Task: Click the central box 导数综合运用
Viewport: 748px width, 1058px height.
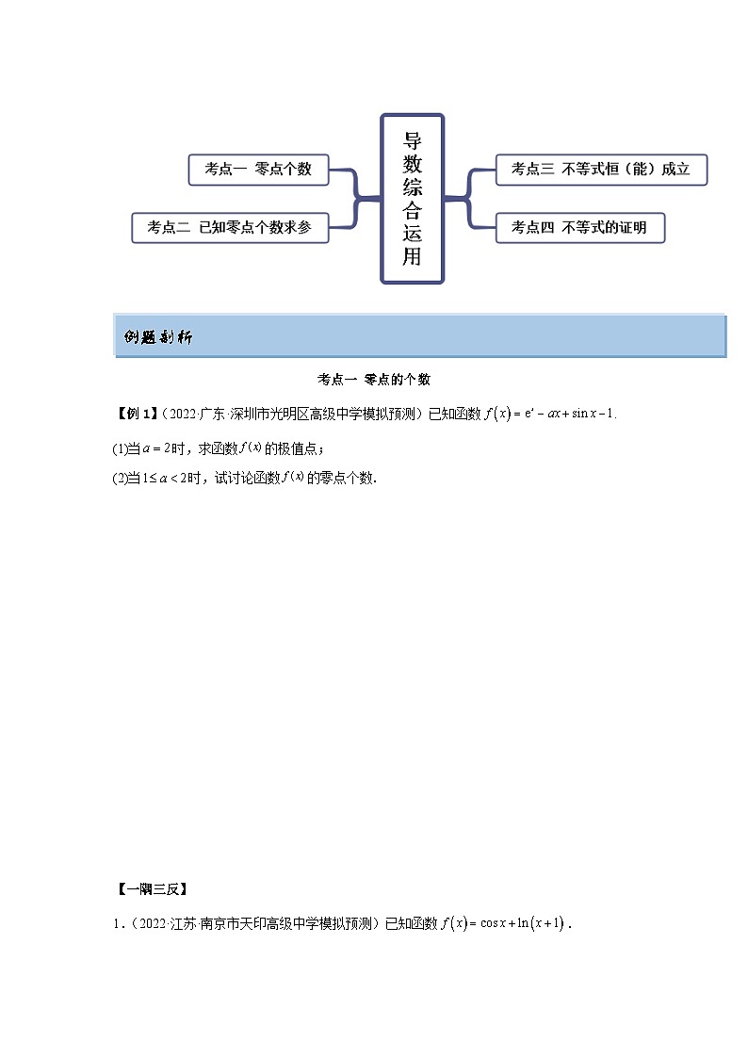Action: (x=412, y=199)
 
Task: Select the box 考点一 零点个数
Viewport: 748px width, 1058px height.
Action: (x=258, y=170)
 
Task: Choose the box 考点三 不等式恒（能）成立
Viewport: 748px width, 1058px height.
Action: (x=600, y=170)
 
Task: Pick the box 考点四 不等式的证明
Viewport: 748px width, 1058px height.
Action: (x=579, y=227)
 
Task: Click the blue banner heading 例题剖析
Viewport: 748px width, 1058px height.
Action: (x=157, y=337)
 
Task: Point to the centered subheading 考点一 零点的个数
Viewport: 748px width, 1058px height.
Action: (x=373, y=379)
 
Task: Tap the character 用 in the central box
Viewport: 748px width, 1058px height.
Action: (x=412, y=256)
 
